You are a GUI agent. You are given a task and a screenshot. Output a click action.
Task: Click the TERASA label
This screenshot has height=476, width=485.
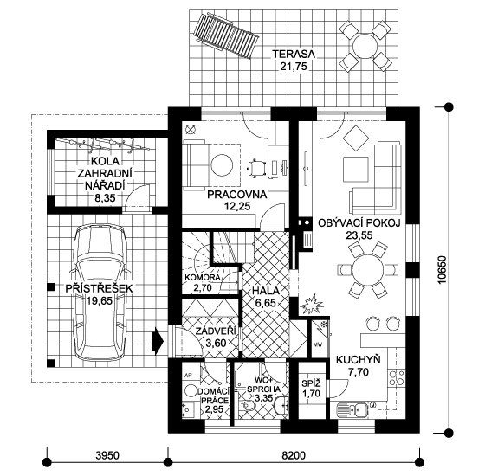pos(294,54)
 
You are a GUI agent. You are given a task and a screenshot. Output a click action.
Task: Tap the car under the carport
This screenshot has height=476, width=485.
pos(100,293)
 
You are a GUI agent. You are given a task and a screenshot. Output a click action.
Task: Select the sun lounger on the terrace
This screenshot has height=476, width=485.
pos(225,35)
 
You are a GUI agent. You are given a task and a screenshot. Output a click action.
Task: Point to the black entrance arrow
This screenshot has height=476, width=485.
pos(158,341)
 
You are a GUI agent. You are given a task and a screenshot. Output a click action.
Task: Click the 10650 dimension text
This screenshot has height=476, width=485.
pos(442,269)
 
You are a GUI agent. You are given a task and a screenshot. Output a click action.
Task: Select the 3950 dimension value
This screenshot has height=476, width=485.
pos(107,455)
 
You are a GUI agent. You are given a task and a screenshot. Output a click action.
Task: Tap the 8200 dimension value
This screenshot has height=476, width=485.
pos(294,455)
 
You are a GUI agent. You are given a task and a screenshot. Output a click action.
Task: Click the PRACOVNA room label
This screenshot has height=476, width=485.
pos(237,195)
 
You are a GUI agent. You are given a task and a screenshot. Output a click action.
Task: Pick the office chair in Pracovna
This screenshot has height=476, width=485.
pos(256,169)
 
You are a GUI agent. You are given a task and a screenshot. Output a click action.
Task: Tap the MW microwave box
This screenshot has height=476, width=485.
pos(318,344)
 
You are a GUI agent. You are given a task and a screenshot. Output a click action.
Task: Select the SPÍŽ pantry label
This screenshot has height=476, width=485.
pos(311,383)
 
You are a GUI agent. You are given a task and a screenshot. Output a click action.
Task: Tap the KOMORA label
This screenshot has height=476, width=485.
pos(202,277)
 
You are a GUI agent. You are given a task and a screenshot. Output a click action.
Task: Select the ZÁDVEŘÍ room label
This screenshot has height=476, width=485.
pos(216,331)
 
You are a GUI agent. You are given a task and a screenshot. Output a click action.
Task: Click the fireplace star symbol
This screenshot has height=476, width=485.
pos(312,304)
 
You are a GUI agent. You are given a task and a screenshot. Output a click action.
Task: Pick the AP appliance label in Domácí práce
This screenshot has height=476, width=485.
pos(187,375)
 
